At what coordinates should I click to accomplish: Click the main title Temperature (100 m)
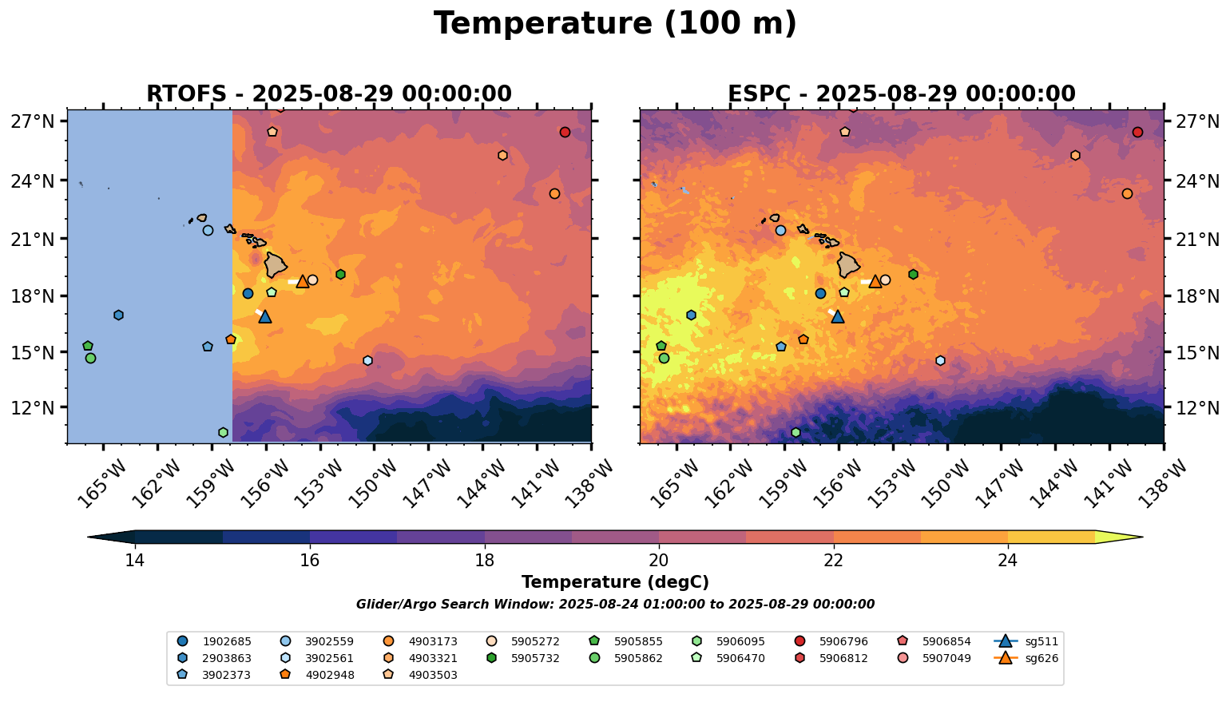click(x=615, y=24)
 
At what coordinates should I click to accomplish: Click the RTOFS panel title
click(x=328, y=94)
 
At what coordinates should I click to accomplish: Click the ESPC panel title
click(x=902, y=94)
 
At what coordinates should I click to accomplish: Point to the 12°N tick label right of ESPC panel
click(x=1199, y=407)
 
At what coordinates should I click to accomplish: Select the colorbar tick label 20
click(x=659, y=560)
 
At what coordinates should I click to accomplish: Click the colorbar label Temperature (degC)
click(x=615, y=582)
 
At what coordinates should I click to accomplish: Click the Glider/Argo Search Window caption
click(x=615, y=605)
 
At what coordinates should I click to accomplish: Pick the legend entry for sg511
click(x=1027, y=641)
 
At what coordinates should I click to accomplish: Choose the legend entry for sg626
click(x=1027, y=658)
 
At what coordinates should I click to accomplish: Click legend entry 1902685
click(x=216, y=641)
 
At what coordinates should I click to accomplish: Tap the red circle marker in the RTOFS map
click(x=565, y=132)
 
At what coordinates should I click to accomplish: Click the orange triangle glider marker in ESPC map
click(x=875, y=281)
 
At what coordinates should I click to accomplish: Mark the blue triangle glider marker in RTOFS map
click(x=265, y=317)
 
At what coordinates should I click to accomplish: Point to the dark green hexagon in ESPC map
click(x=913, y=274)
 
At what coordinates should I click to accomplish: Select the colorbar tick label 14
click(x=134, y=560)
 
